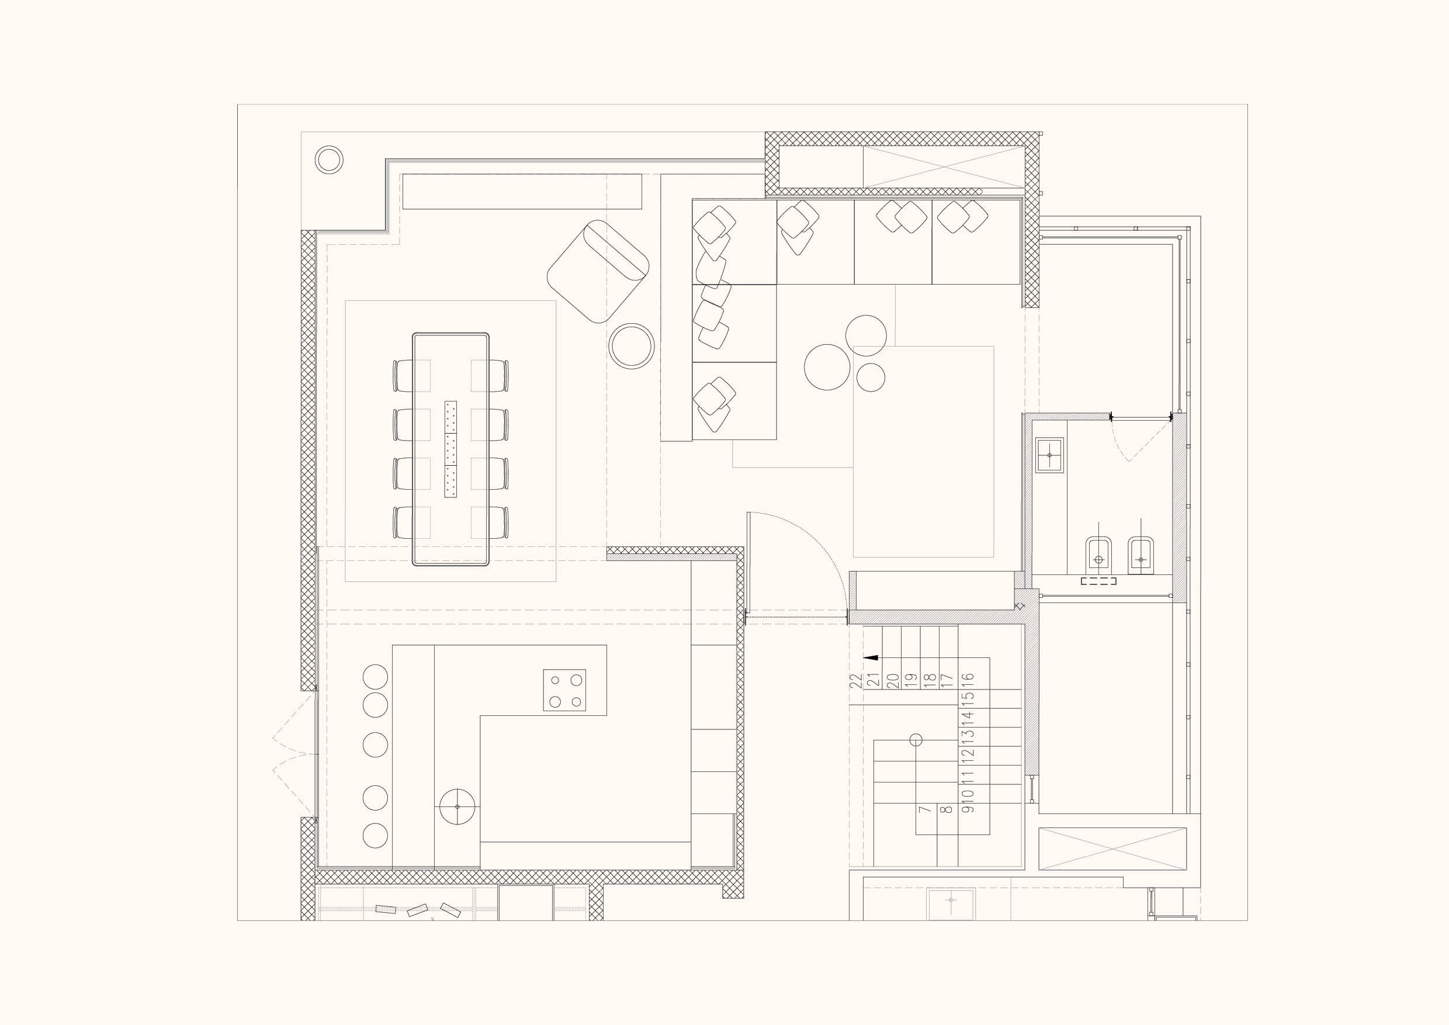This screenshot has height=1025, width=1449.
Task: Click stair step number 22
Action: tap(856, 680)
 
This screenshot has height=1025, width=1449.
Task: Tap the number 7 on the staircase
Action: tap(924, 809)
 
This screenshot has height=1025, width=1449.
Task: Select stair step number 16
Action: tap(969, 680)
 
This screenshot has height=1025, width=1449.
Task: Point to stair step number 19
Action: tap(910, 680)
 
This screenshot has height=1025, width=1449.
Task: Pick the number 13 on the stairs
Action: tap(969, 735)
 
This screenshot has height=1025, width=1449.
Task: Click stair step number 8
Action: tap(946, 810)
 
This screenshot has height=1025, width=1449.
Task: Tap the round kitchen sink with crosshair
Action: tap(457, 806)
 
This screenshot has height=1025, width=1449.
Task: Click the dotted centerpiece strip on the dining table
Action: tap(450, 449)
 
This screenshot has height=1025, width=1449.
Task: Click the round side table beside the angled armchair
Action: tap(631, 346)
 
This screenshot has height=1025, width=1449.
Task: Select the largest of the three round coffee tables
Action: tap(827, 367)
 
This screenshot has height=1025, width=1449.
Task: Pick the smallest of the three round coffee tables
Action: tap(871, 377)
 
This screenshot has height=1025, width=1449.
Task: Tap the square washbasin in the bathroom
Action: tap(1049, 455)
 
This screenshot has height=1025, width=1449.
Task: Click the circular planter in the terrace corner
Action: tap(329, 160)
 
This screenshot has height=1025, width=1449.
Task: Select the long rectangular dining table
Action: tap(450, 449)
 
